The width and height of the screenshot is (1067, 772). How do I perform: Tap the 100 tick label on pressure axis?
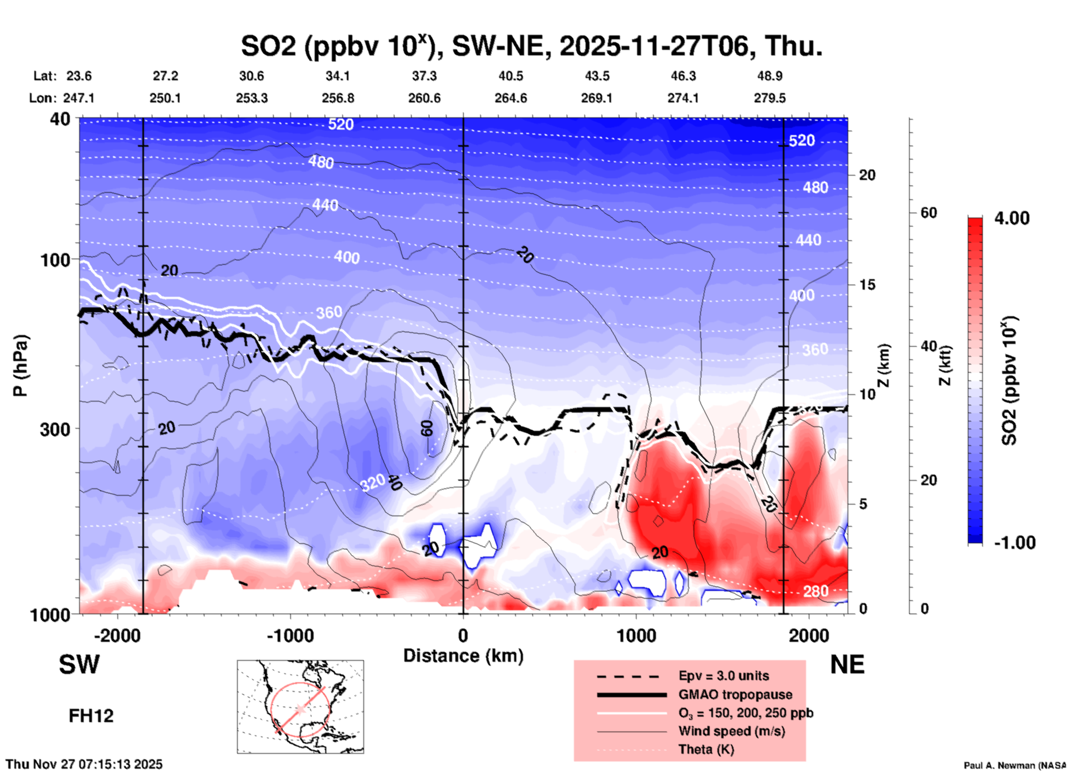pos(55,260)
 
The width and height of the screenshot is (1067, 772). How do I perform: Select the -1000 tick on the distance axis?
pos(290,635)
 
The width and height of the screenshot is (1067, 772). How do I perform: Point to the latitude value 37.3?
pos(424,76)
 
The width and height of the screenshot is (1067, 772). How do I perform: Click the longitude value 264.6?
pos(510,98)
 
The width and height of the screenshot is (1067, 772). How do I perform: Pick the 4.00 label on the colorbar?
pos(1012,218)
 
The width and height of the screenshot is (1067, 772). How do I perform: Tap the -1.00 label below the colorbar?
pos(1014,543)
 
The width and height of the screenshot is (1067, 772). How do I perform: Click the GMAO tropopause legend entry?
pos(735,694)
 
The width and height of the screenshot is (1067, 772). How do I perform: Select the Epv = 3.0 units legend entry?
pos(723,676)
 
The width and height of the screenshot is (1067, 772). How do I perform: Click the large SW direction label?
pos(79,665)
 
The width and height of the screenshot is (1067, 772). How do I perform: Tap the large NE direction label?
pos(847,665)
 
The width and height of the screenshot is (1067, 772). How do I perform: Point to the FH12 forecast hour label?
pos(91,716)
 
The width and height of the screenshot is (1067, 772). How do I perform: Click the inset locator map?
pos(300,706)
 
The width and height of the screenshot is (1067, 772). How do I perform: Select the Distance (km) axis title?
pos(463,656)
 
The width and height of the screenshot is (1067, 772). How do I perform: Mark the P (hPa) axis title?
pos(20,366)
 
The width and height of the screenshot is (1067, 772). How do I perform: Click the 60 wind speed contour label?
pos(427,428)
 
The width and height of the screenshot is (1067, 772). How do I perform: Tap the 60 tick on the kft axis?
pos(929,213)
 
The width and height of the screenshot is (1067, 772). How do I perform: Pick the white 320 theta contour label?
pos(372,483)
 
